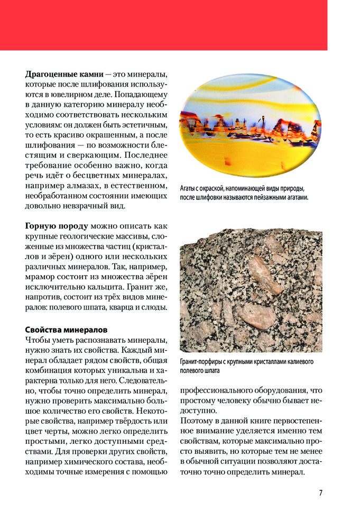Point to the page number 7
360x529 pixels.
(320, 493)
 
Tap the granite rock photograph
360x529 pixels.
(251, 290)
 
